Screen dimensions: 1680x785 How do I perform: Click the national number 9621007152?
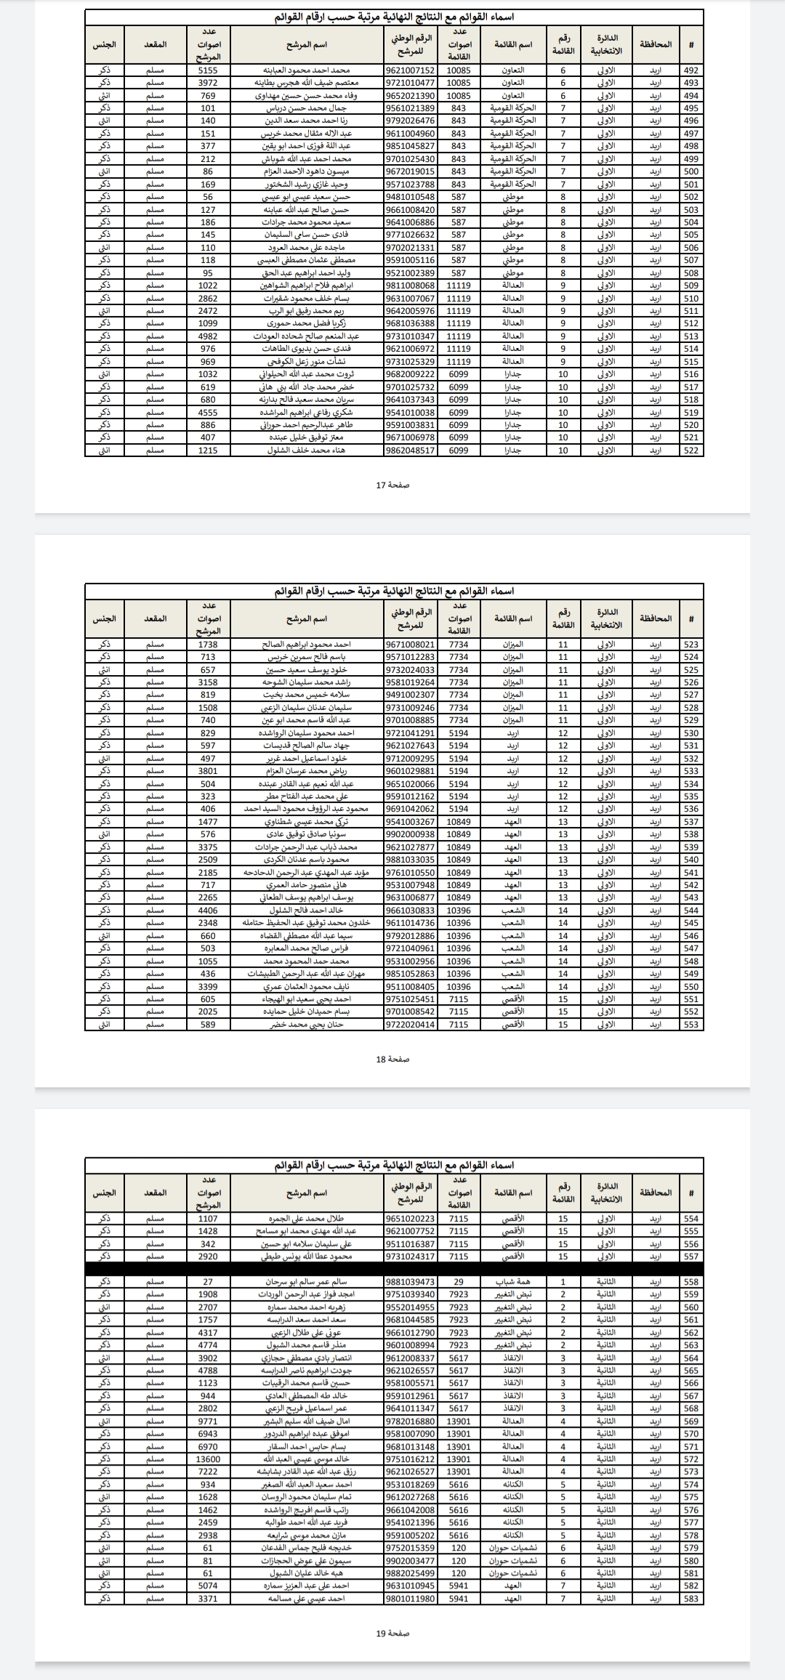click(411, 70)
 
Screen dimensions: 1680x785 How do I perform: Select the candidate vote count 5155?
click(208, 70)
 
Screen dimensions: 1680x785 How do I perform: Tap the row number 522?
click(691, 451)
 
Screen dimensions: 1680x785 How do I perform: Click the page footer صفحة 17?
click(392, 485)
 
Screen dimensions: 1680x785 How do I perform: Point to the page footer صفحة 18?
click(392, 1059)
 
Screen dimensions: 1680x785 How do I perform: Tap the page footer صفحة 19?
click(392, 1633)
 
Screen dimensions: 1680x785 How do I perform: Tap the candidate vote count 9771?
click(208, 1421)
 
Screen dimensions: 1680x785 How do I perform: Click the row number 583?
click(691, 1599)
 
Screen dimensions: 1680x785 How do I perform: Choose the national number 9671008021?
click(411, 645)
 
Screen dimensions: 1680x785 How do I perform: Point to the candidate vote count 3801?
click(208, 771)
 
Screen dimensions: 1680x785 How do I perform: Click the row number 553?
click(691, 1025)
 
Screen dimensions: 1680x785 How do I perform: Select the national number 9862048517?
click(411, 451)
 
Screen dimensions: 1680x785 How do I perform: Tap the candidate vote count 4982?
click(208, 336)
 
